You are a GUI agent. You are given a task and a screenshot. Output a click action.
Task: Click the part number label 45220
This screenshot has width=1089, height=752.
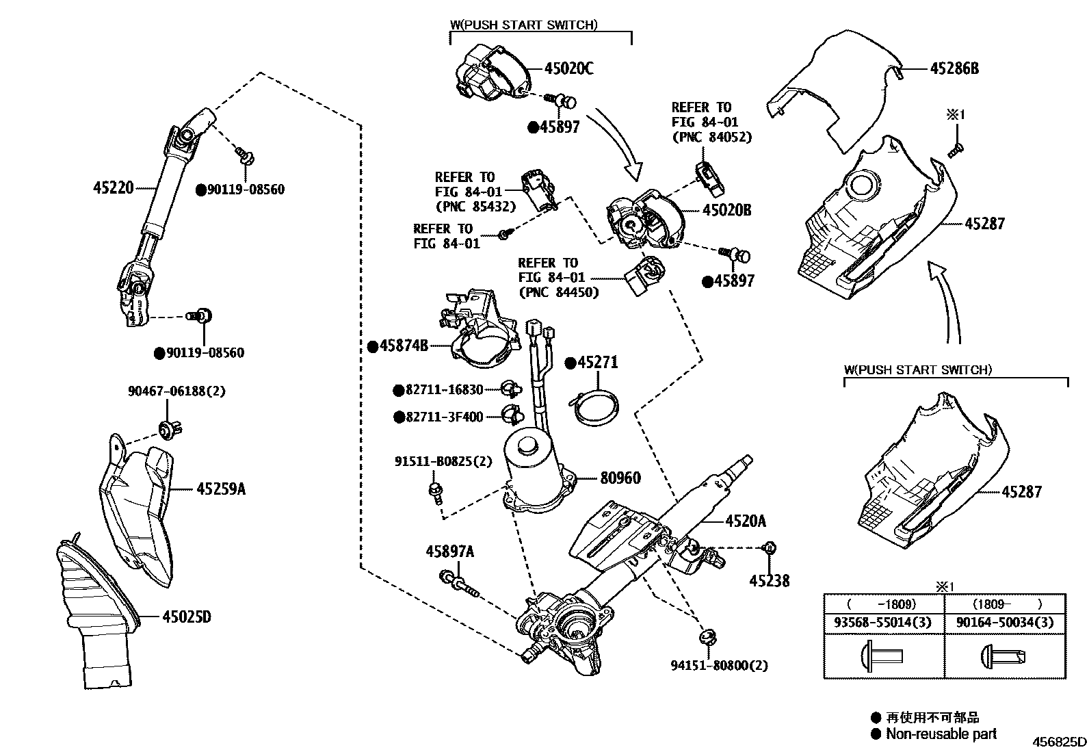[x=113, y=186]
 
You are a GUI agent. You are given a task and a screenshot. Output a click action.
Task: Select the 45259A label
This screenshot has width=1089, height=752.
[x=220, y=489]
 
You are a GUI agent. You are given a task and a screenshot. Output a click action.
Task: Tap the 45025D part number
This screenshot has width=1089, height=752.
[x=186, y=617]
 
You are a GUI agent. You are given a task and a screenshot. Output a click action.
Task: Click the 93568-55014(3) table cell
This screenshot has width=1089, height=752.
[x=884, y=623]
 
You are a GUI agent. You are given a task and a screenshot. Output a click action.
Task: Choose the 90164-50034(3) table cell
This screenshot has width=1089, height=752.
[x=1005, y=623]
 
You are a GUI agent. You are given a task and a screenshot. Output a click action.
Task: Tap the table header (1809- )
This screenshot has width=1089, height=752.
[x=1005, y=604]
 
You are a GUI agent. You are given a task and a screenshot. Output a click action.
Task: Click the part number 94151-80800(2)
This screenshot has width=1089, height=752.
[x=719, y=665]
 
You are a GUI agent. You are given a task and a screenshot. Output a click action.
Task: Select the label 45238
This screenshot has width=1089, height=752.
[x=769, y=581]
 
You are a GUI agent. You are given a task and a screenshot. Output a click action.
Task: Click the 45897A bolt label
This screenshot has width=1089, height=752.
[x=449, y=552]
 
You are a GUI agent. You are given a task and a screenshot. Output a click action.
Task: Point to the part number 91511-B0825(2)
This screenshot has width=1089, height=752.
[x=443, y=461]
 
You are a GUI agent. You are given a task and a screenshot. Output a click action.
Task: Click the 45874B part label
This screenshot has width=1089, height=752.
[x=404, y=346]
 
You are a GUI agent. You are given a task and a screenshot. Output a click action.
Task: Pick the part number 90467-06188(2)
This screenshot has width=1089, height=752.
[x=176, y=391]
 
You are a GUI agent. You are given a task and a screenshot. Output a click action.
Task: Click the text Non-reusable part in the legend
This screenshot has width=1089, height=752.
[x=941, y=734]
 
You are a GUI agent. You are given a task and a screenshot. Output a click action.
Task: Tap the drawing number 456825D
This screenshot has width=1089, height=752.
[x=1059, y=742]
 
